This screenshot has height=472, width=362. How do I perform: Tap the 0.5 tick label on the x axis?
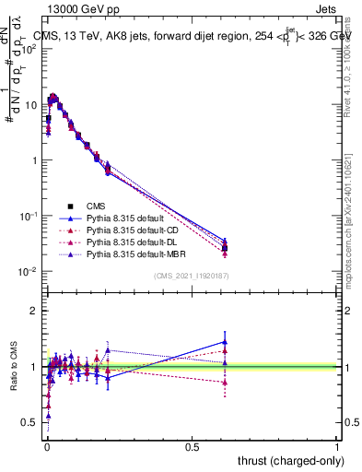pos(192,446)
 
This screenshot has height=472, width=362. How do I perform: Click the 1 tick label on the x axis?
pos(337,446)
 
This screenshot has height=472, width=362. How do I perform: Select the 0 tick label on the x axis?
pos(47,446)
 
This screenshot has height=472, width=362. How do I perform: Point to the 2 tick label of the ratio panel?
pos(34,311)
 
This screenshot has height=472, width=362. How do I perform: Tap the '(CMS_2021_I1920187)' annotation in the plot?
pos(190,277)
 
